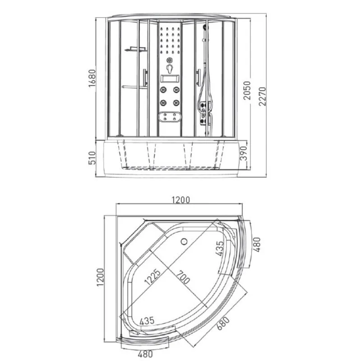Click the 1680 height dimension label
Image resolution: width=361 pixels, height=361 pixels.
click(92, 78)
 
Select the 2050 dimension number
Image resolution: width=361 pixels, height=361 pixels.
click(247, 90)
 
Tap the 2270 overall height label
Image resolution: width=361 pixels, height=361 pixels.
click(262, 96)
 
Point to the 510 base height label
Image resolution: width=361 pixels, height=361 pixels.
click(92, 157)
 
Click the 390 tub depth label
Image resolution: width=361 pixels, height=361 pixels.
click(243, 153)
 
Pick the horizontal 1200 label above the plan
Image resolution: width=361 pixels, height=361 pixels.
click(181, 200)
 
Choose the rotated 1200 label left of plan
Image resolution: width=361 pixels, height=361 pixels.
click(100, 277)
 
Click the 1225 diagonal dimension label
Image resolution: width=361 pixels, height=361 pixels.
click(152, 277)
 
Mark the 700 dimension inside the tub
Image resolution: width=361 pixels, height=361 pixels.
click(183, 278)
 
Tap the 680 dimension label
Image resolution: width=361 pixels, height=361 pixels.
click(223, 323)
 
